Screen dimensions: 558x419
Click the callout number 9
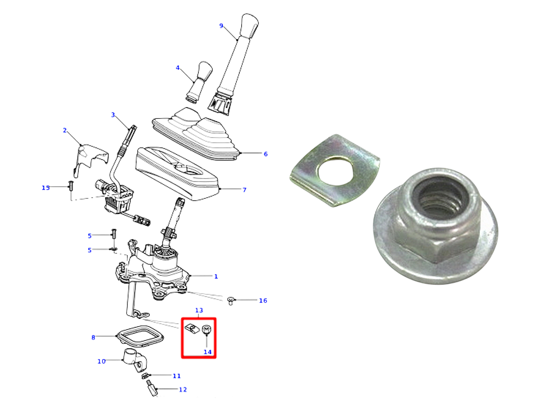coord(221,26)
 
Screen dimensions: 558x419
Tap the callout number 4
coord(178,68)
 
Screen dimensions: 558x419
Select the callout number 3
coord(113,115)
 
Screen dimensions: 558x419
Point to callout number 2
coord(65,130)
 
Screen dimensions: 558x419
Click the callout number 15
coord(46,188)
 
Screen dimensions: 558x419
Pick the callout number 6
coord(266,154)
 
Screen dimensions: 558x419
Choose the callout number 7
coord(244,190)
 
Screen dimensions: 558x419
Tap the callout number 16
coord(263,300)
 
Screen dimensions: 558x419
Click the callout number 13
coord(199,310)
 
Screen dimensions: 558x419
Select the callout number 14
coord(207,352)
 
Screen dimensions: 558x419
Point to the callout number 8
coord(93,338)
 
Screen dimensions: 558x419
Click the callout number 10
coord(101,361)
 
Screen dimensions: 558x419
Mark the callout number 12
coord(183,390)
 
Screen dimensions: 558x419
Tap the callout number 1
coord(216,276)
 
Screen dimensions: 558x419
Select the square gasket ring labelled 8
coord(140,336)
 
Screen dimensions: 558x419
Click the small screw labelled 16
coord(231,301)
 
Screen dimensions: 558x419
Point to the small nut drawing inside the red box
coord(206,330)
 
